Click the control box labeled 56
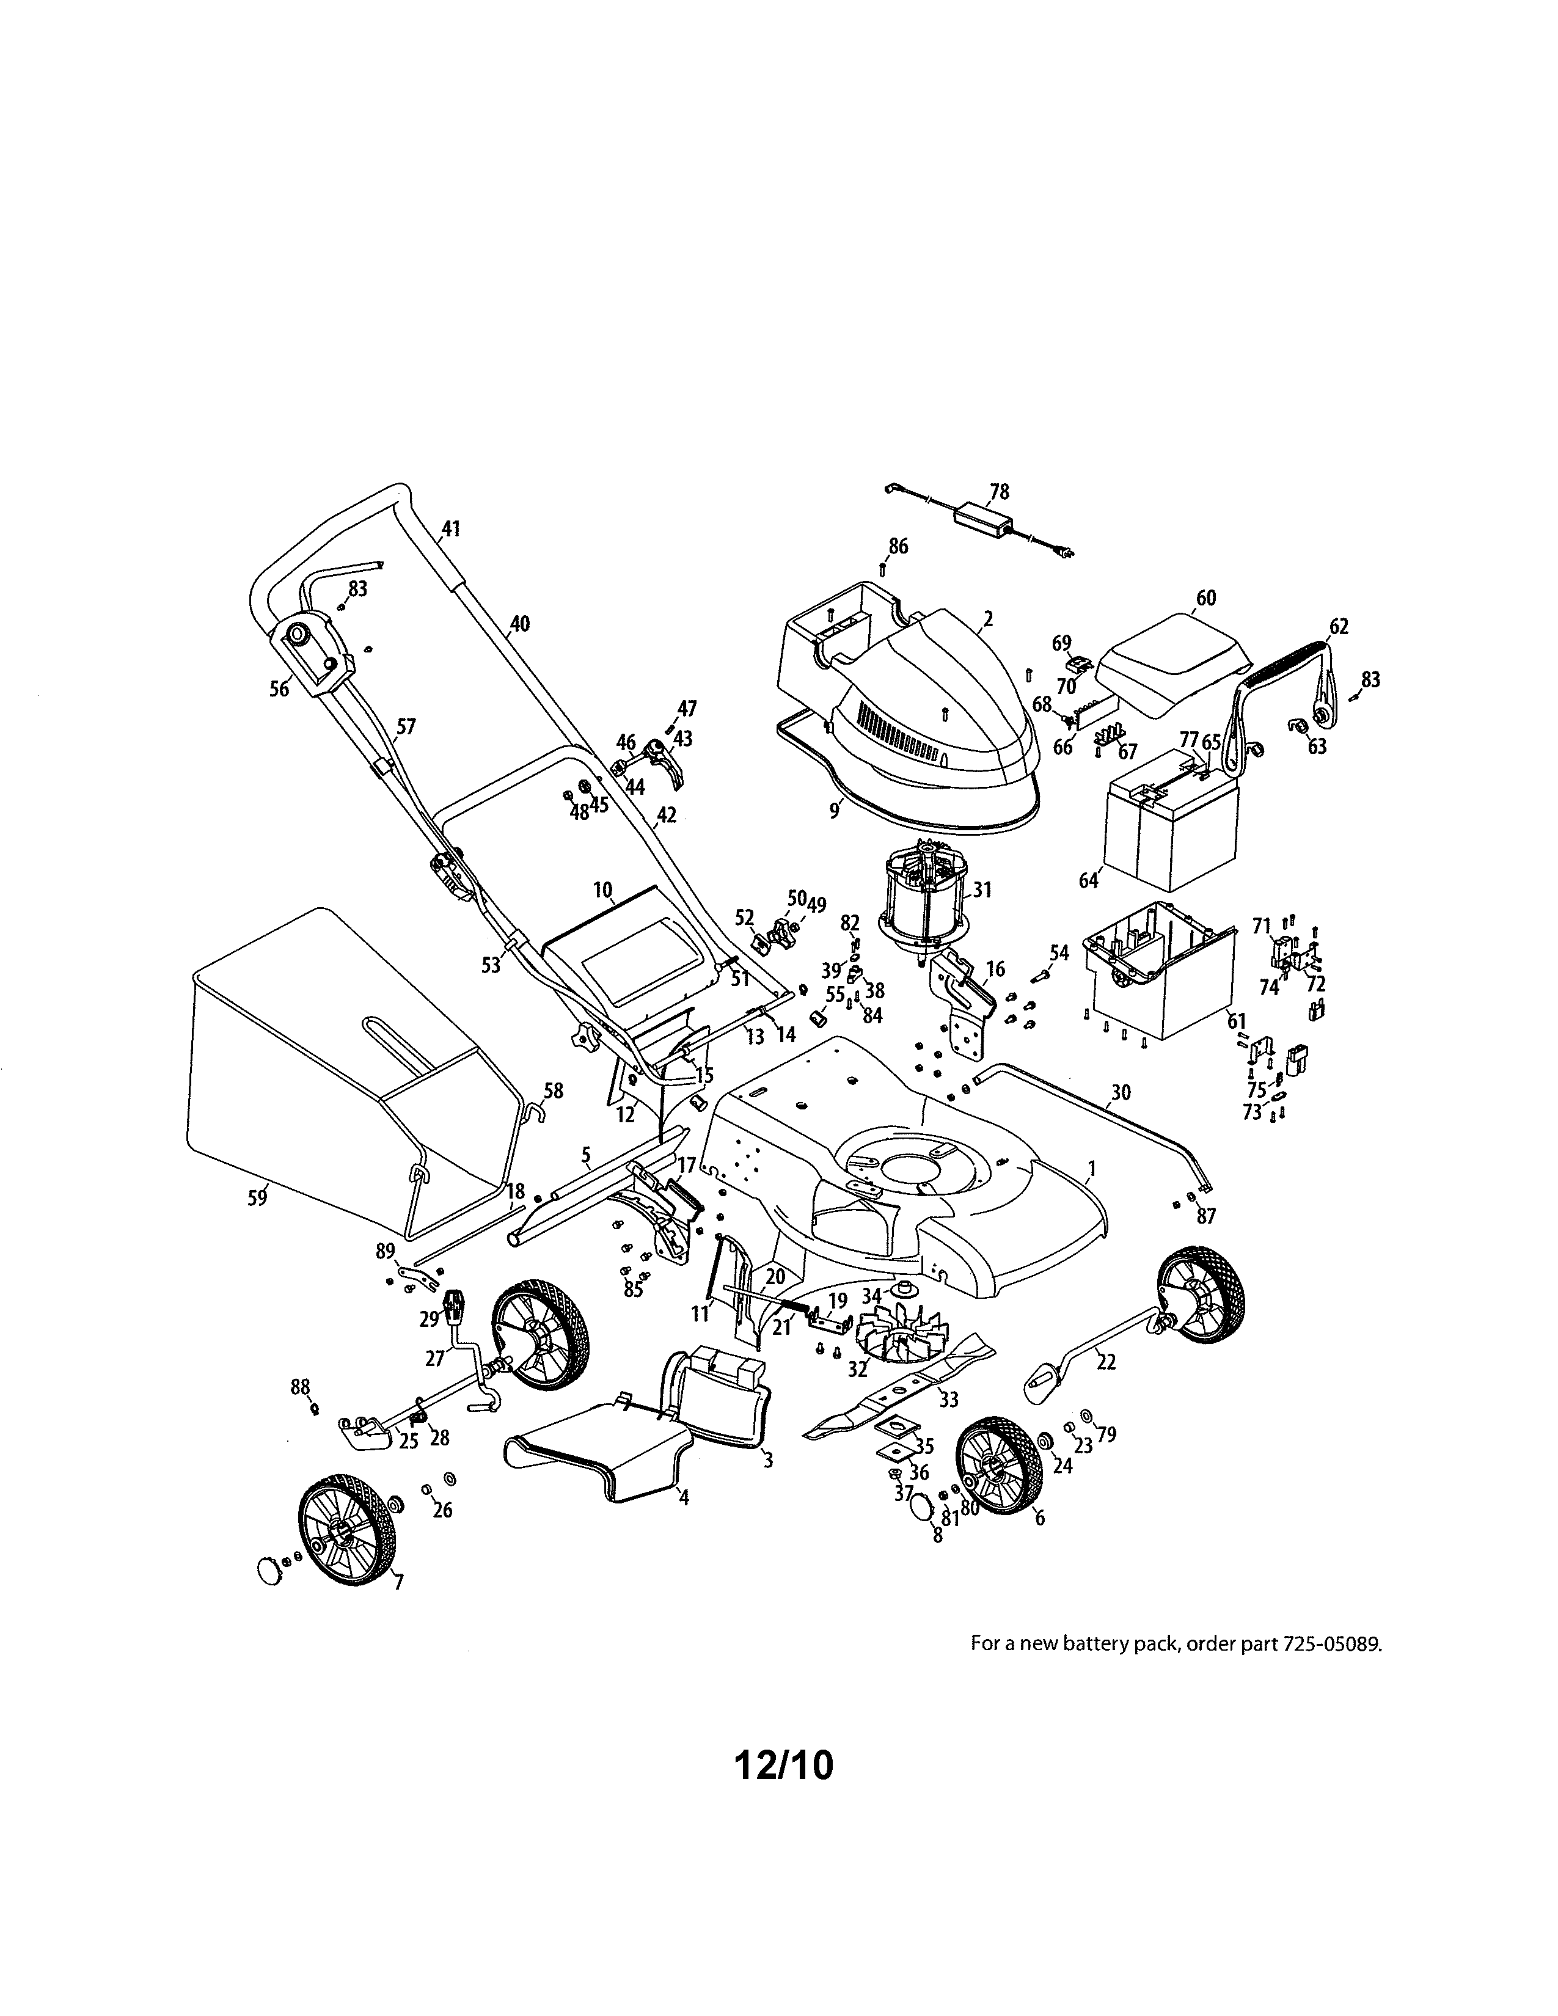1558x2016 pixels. coord(311,656)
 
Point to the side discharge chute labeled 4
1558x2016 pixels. coord(600,1458)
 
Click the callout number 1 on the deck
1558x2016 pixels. coord(1091,1169)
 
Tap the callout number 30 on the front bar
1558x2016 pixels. coord(1119,1093)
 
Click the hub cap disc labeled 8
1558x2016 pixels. coord(924,1508)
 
